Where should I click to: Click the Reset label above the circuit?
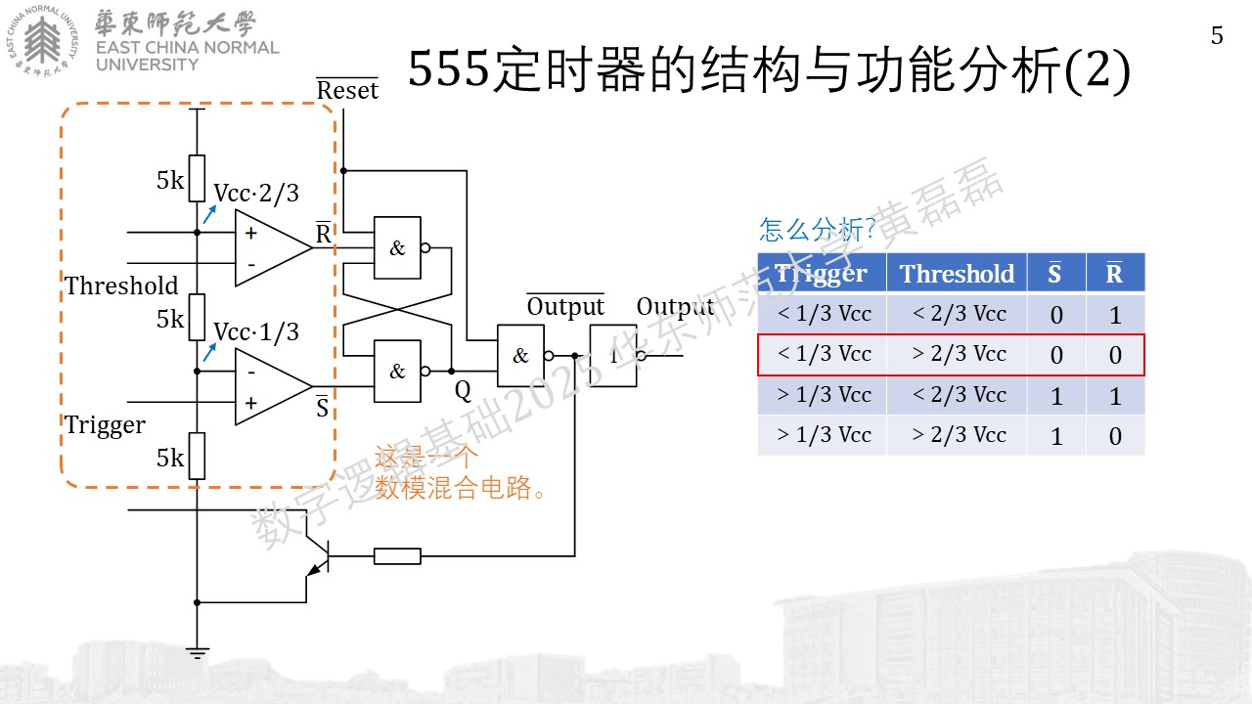pos(347,89)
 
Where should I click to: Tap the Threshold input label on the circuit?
pos(121,286)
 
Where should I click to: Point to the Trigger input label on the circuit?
pos(105,425)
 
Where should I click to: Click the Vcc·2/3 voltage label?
pos(256,194)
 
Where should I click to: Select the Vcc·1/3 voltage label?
pos(256,332)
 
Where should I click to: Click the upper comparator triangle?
pos(273,247)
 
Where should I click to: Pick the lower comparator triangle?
pos(273,386)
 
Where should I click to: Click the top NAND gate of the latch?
pos(397,247)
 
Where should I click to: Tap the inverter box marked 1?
pos(613,355)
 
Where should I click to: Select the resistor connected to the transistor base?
pos(397,556)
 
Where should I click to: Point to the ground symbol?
pos(197,652)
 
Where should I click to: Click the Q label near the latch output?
pos(463,391)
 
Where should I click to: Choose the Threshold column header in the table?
pos(957,273)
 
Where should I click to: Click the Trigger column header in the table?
pos(821,273)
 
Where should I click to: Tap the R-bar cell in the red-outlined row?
pos(1115,355)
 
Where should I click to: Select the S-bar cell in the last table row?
pos(1055,436)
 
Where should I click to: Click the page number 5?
pos(1217,36)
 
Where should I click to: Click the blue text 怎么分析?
pos(817,229)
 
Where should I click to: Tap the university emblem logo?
pos(42,40)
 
